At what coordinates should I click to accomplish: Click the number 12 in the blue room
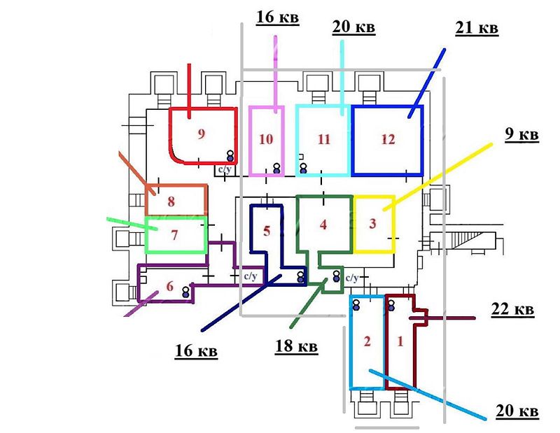click(x=388, y=139)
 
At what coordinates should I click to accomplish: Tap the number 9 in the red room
click(x=202, y=134)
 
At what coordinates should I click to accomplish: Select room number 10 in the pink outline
click(x=266, y=139)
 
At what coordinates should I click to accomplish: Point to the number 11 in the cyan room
click(x=324, y=139)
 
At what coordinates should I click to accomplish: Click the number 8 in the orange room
click(x=171, y=201)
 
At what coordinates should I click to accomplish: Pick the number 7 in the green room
click(x=174, y=235)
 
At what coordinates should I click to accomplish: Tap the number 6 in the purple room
click(x=170, y=286)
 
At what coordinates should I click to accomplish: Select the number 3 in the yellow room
click(x=372, y=223)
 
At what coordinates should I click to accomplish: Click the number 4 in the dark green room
click(x=323, y=225)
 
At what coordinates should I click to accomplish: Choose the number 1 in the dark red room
click(x=400, y=341)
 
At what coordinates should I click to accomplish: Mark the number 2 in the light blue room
click(x=367, y=341)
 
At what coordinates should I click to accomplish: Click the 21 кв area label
click(x=477, y=28)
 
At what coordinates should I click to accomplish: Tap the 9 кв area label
click(x=521, y=134)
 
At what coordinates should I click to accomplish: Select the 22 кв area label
click(x=513, y=309)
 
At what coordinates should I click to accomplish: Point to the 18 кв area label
click(x=296, y=346)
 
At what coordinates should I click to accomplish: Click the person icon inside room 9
click(x=230, y=155)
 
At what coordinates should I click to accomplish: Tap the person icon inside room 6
click(x=185, y=292)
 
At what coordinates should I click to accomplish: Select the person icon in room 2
click(x=356, y=305)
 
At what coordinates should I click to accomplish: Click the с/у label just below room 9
click(x=225, y=169)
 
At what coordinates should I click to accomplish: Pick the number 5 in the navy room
click(x=267, y=231)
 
